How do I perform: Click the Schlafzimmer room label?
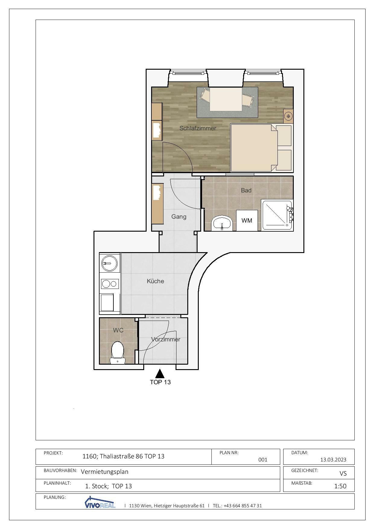(198, 128)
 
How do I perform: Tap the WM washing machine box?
(247, 220)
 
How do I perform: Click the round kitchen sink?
(109, 263)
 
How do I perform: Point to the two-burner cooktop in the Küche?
(109, 284)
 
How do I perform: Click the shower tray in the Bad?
(277, 215)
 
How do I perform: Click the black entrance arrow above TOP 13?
(160, 374)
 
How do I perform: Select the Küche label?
(155, 281)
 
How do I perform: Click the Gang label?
(179, 217)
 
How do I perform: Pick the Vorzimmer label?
(166, 339)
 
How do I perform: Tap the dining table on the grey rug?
(226, 99)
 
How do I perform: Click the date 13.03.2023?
(333, 460)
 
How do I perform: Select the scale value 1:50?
(340, 486)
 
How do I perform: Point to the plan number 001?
(263, 460)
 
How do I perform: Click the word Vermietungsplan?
(104, 472)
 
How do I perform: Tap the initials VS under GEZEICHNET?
(343, 474)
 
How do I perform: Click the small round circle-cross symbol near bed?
(288, 116)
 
